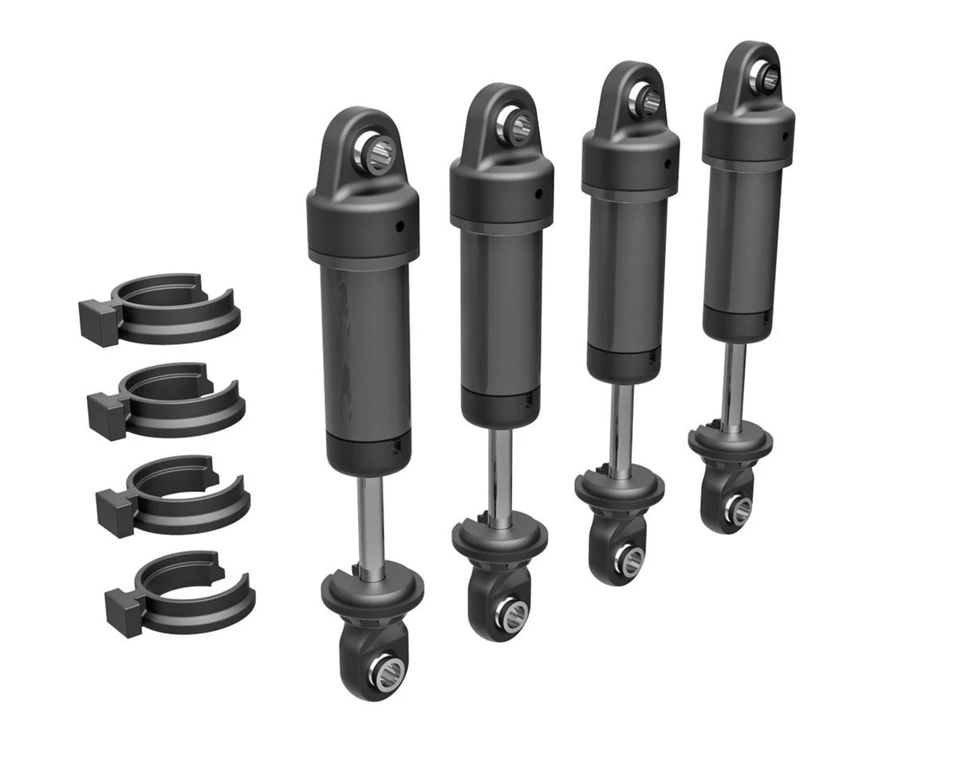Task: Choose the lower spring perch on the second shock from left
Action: point(498,540)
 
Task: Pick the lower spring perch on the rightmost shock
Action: point(733,441)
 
